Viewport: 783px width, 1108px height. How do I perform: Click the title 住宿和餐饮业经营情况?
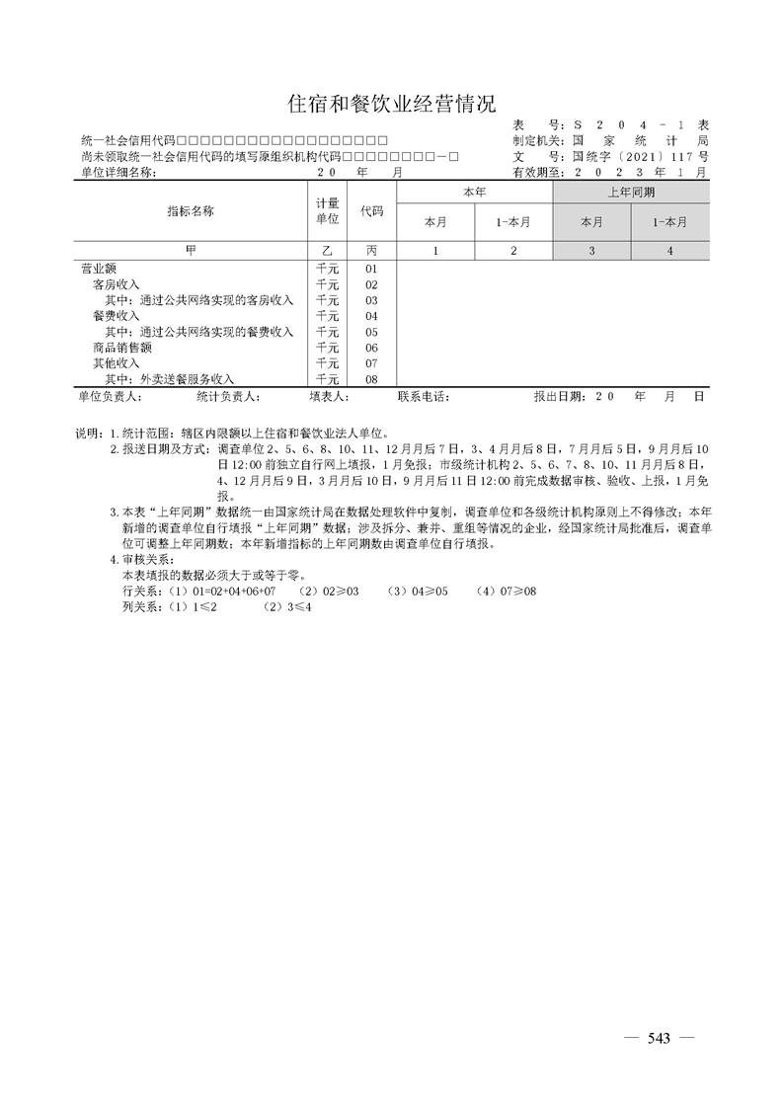point(391,104)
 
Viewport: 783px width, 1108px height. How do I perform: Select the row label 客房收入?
point(116,284)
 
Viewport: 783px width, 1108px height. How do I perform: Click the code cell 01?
point(371,269)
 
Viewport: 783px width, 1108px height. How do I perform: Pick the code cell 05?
point(371,332)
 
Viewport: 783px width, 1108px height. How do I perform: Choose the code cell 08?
point(371,379)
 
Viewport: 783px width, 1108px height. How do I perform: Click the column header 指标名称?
point(191,211)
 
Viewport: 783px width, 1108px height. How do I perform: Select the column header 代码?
point(371,211)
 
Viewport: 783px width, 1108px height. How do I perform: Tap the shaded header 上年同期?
point(631,193)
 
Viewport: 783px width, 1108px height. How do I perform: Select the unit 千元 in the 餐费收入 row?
point(327,316)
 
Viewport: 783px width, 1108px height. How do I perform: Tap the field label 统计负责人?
point(228,397)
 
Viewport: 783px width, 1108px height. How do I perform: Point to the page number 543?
point(659,1038)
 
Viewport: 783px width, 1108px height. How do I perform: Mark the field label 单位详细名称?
point(117,172)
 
